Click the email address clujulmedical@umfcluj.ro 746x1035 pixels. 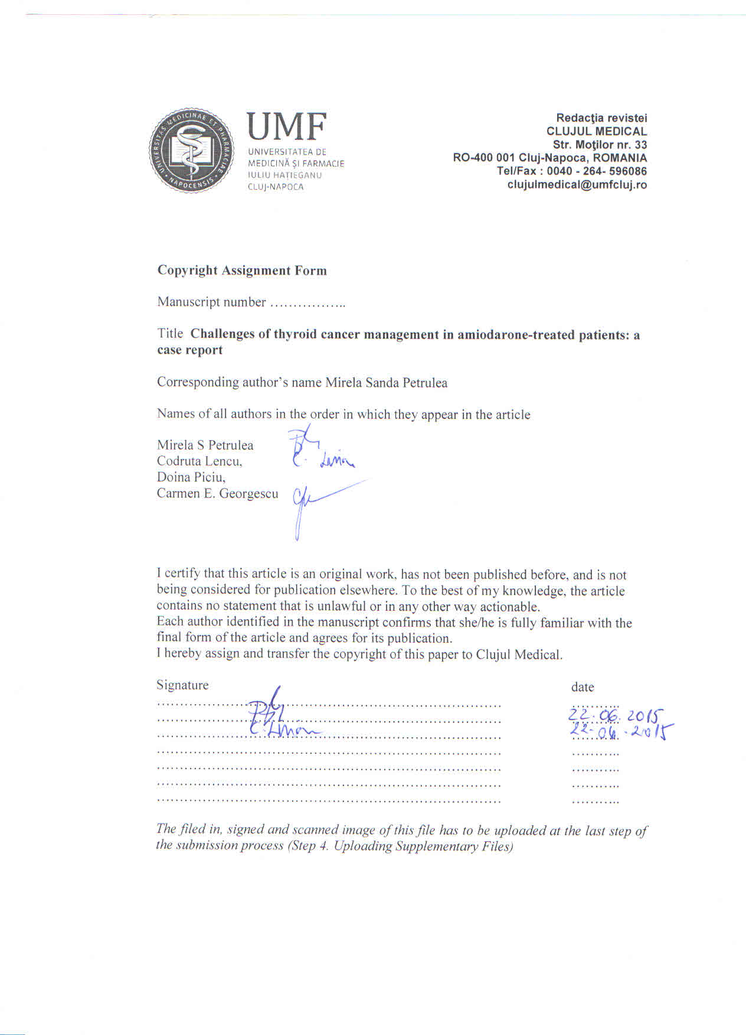[577, 184]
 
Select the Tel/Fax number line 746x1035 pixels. [571, 171]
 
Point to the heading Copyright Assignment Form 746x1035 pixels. [242, 271]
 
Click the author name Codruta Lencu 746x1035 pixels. [199, 461]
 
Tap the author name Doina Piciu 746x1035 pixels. [191, 477]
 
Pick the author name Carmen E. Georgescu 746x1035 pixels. [217, 493]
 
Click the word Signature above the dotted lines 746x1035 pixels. [182, 685]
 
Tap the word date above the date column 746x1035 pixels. [582, 687]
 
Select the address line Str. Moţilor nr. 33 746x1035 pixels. [599, 145]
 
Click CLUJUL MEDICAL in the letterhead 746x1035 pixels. [596, 131]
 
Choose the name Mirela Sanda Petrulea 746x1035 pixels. [386, 383]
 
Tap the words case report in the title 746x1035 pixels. [189, 350]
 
